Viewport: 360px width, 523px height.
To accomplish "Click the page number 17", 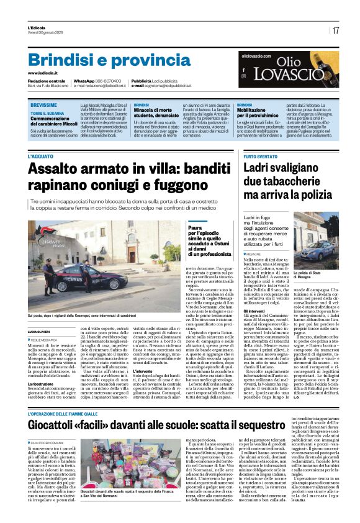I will [335, 30].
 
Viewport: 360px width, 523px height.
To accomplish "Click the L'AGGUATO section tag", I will [41, 157].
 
